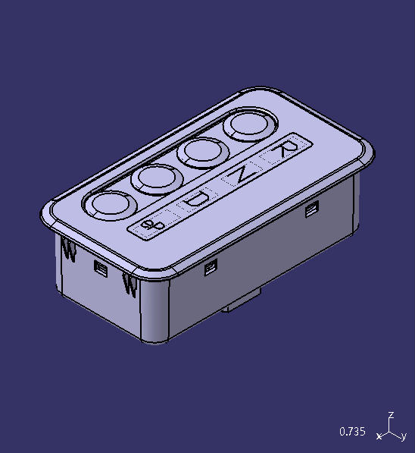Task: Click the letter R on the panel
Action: [x=286, y=147]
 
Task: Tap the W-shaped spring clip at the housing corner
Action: [x=129, y=285]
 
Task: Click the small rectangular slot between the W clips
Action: [x=99, y=266]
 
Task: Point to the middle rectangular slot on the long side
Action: [x=211, y=266]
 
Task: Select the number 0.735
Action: [x=352, y=432]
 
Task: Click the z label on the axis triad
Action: [x=391, y=415]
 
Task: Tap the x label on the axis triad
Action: [x=379, y=436]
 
